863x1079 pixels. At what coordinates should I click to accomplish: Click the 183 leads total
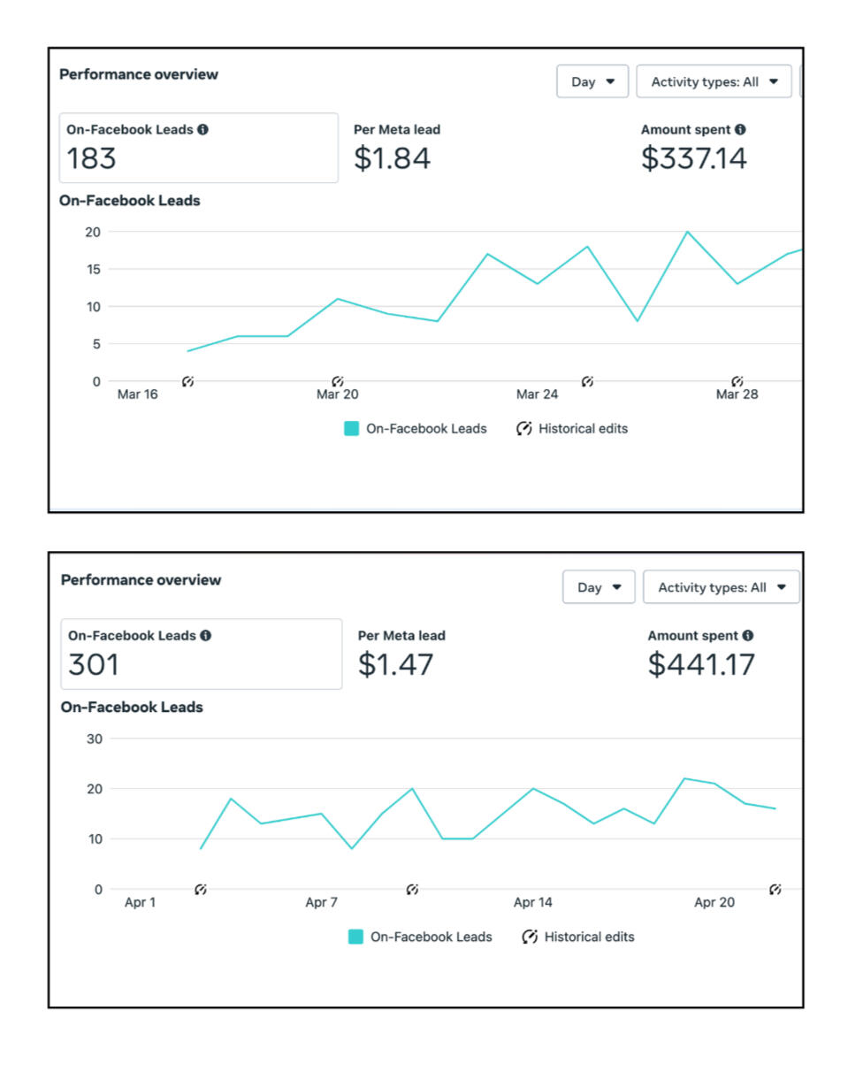(x=92, y=158)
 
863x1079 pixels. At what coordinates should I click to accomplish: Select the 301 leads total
(x=94, y=664)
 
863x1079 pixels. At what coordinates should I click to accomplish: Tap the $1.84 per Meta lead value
(x=392, y=158)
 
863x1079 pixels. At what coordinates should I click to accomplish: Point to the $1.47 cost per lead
(x=395, y=664)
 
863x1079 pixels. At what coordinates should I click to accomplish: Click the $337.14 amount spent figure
(x=694, y=158)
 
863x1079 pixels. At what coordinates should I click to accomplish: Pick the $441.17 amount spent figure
(x=701, y=664)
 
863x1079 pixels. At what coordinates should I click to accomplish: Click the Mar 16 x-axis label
(x=137, y=394)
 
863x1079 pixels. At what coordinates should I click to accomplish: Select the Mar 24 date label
(x=538, y=394)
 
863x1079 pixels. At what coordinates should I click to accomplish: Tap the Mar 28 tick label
(x=737, y=394)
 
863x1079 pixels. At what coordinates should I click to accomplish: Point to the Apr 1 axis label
(x=140, y=903)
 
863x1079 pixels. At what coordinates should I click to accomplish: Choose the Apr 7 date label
(x=321, y=903)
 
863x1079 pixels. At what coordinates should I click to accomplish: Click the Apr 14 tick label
(x=532, y=903)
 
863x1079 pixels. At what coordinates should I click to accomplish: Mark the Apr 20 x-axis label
(x=714, y=903)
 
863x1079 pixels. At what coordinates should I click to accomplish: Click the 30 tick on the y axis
(x=94, y=738)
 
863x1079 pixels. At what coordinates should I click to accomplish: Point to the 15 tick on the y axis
(x=93, y=270)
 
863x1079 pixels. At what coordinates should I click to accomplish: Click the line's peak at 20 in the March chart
(x=687, y=232)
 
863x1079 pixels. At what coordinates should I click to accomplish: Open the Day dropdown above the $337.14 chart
(x=592, y=81)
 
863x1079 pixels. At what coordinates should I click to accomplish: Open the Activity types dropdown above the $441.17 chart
(x=721, y=587)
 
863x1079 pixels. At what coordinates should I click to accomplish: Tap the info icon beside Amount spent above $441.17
(x=748, y=635)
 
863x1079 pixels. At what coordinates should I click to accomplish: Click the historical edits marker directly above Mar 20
(x=337, y=381)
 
